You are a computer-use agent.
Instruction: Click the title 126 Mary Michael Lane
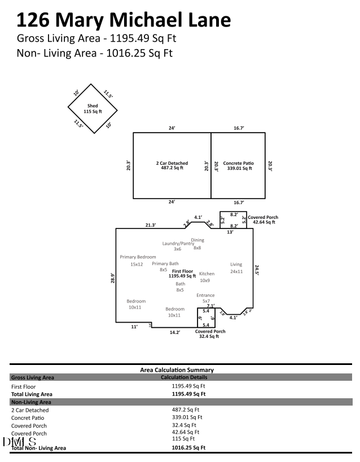tap(124, 20)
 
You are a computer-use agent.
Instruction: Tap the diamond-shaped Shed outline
tap(91, 108)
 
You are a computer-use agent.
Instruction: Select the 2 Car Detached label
tap(172, 165)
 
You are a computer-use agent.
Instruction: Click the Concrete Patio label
tap(238, 165)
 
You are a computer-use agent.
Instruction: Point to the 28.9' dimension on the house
tap(113, 278)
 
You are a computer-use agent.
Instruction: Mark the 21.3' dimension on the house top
tap(151, 225)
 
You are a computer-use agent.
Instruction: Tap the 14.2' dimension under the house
tap(174, 332)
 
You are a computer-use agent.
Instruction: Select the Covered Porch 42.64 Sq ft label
tap(263, 219)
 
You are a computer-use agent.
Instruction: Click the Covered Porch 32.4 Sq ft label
tap(210, 334)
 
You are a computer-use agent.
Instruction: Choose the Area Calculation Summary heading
tap(177, 370)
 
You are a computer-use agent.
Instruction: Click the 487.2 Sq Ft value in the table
tap(184, 410)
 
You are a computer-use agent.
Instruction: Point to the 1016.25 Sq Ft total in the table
tap(188, 447)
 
